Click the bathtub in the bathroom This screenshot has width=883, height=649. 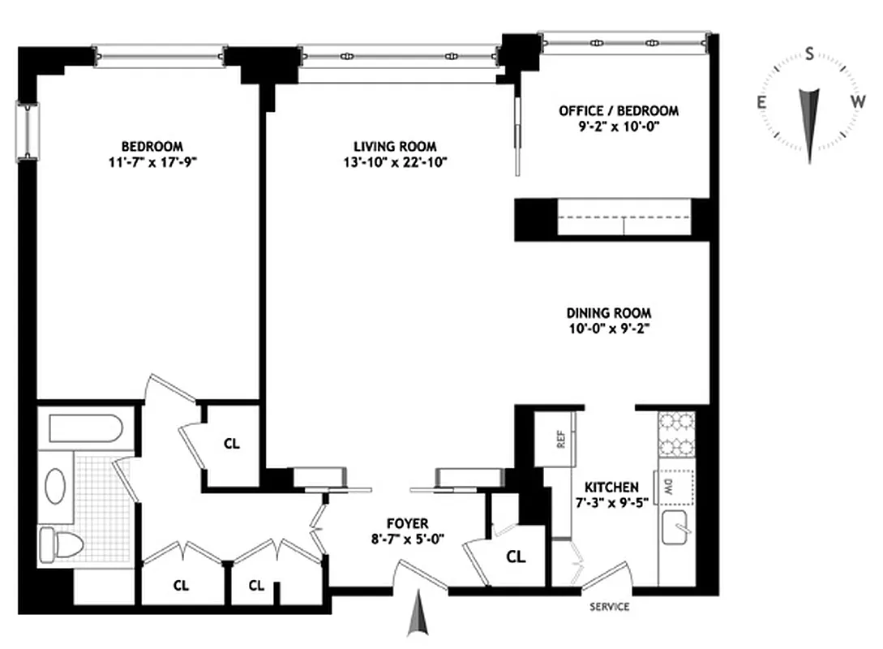coord(85,428)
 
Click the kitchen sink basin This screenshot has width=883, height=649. coord(675,531)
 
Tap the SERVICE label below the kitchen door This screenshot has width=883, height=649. coord(609,607)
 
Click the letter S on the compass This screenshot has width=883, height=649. coord(808,54)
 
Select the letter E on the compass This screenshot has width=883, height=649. coord(762,102)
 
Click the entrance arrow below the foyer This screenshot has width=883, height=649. coord(418,614)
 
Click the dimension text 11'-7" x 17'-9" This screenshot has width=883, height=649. coord(160,161)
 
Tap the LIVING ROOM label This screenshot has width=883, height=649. coord(395,147)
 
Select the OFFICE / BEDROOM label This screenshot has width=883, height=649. coord(619,110)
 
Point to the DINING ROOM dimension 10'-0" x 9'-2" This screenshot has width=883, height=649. coord(608,328)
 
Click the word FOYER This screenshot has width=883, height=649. coord(408,523)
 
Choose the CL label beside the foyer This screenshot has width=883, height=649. coord(516,557)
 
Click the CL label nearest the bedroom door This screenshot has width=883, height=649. coord(231,445)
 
